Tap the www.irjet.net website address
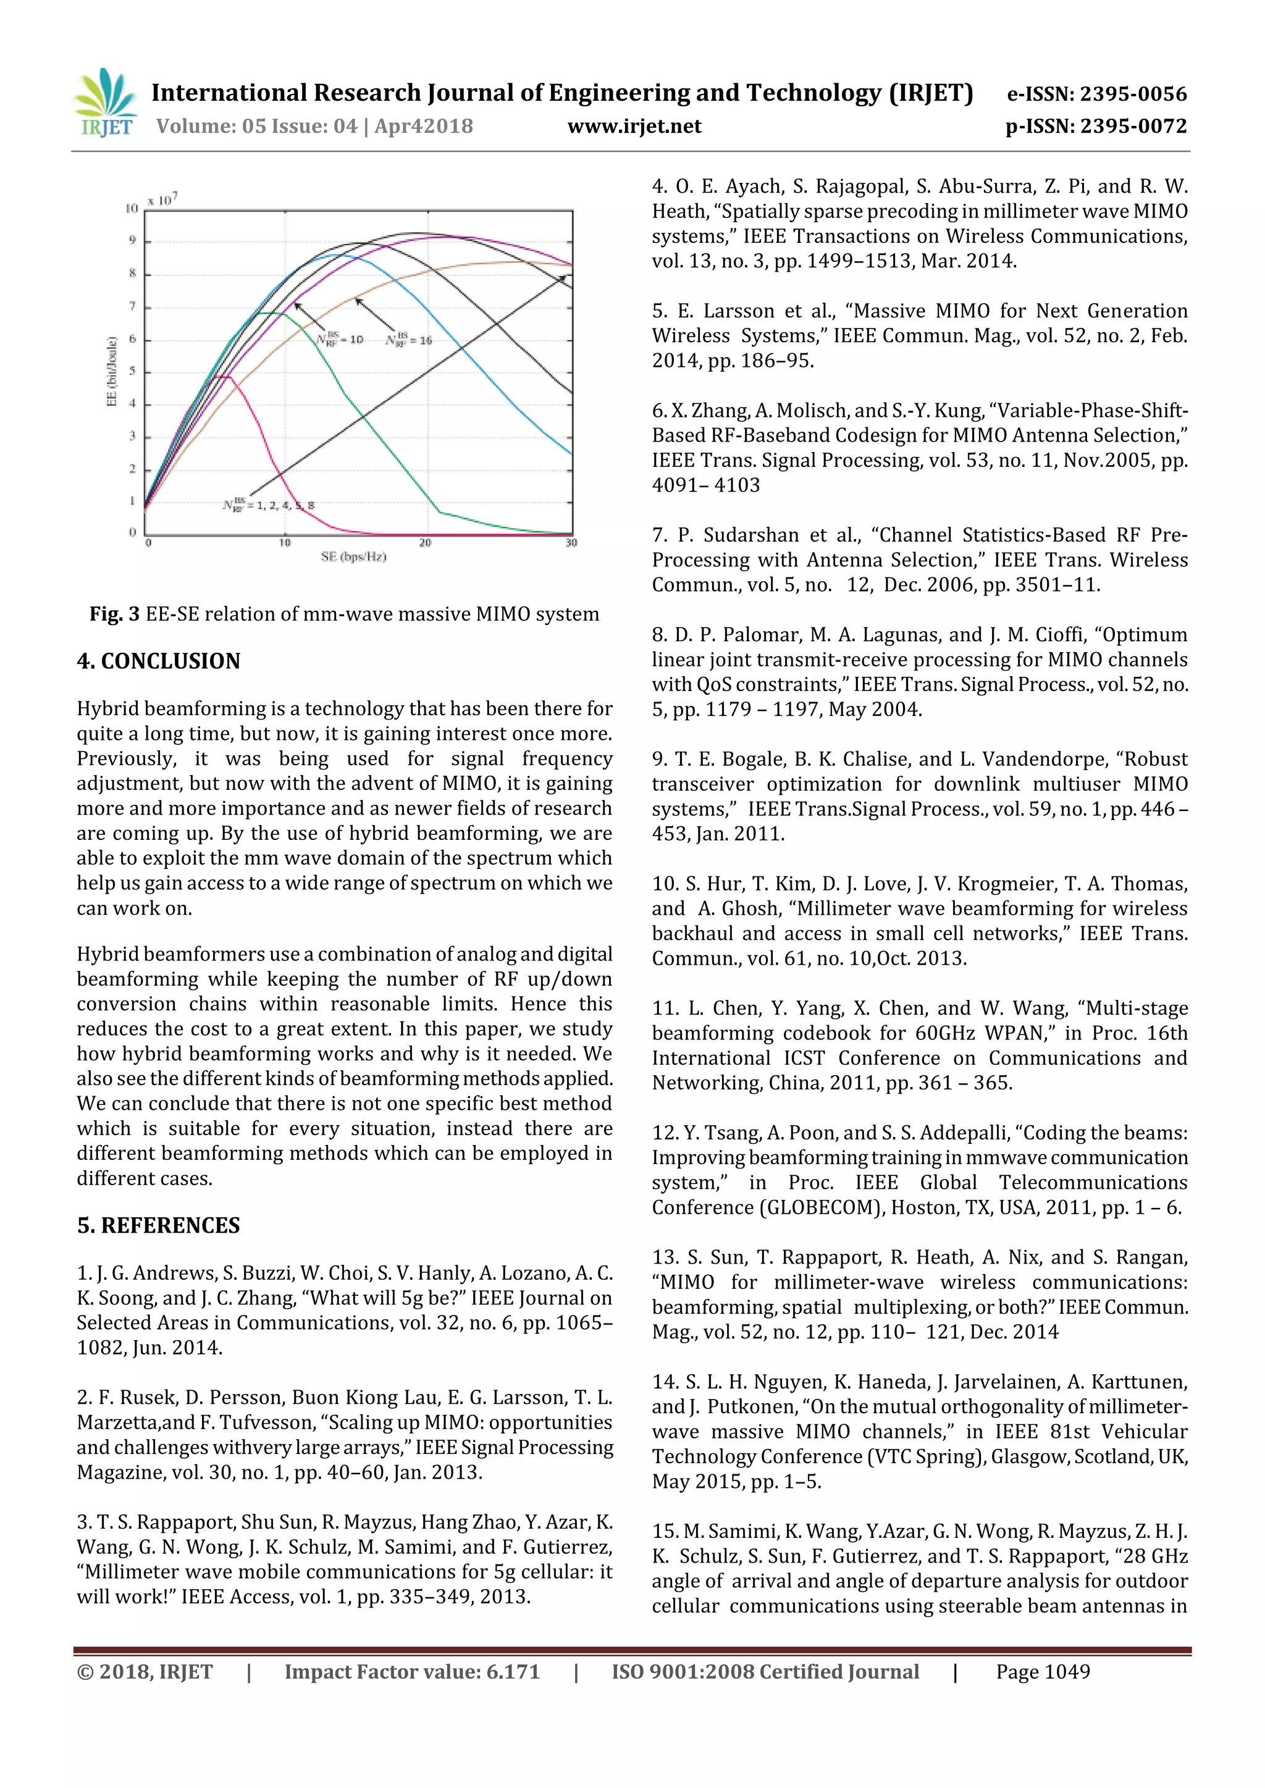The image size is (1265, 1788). [x=634, y=126]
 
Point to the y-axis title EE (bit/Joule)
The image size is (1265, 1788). [x=111, y=371]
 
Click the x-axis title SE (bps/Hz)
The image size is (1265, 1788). [x=353, y=557]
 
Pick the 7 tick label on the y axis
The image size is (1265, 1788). [x=132, y=306]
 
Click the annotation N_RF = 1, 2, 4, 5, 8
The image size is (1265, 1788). [x=269, y=505]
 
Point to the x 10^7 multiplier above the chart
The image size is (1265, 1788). [x=163, y=199]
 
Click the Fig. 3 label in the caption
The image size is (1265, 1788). [x=114, y=615]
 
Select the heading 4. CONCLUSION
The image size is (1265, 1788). [x=158, y=661]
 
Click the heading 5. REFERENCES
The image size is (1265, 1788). [x=158, y=1226]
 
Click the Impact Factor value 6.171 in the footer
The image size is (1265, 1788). [x=513, y=1672]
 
